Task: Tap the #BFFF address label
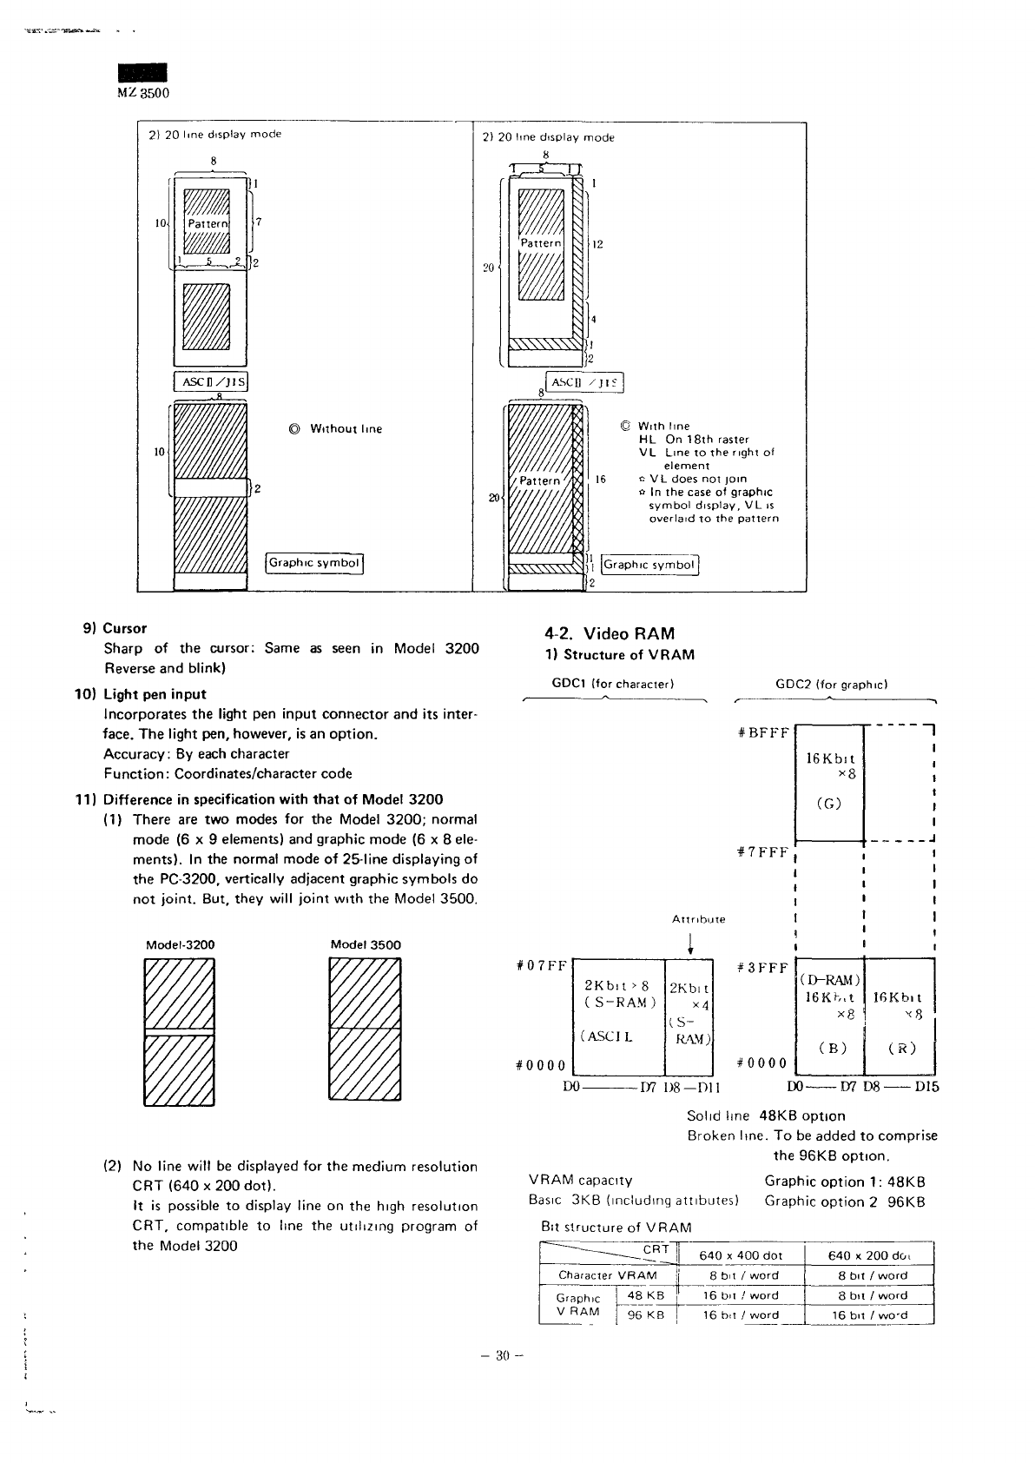[762, 732]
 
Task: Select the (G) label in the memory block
[829, 803]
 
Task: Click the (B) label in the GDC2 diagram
[832, 1047]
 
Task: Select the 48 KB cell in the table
[645, 1294]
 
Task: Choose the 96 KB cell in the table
[645, 1314]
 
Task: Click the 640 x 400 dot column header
[741, 1255]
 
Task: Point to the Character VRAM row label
[608, 1275]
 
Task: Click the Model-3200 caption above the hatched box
[180, 944]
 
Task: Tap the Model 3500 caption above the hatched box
[366, 944]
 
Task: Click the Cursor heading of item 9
[124, 628]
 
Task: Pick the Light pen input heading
[154, 694]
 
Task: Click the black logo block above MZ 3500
[142, 75]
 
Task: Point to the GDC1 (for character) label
[613, 684]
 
